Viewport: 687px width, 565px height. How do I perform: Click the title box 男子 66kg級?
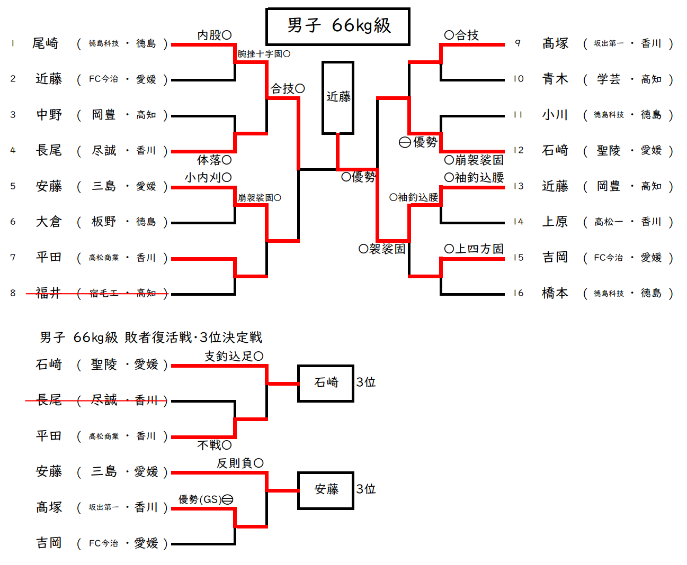click(338, 26)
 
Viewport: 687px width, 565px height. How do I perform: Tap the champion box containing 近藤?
click(338, 97)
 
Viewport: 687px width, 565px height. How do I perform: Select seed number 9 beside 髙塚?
click(518, 43)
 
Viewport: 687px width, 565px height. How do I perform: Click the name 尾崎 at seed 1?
click(46, 43)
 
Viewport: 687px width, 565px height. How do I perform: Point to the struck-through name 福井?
click(48, 293)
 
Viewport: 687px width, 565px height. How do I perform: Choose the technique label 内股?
click(210, 35)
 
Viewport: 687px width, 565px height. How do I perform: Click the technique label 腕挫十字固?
click(260, 54)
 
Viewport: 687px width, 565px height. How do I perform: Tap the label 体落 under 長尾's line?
click(210, 160)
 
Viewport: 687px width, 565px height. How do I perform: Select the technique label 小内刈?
click(203, 178)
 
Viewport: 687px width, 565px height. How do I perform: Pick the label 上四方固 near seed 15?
click(479, 249)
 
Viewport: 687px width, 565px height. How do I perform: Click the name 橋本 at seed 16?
click(555, 293)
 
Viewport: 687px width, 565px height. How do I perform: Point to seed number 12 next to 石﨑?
click(518, 150)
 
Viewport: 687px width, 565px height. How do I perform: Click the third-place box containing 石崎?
click(326, 383)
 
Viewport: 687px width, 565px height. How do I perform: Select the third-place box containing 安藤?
click(326, 490)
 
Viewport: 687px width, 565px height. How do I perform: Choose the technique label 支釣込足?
click(229, 357)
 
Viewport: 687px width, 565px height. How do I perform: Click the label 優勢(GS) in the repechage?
click(200, 499)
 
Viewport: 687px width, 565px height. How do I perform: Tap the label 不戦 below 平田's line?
click(210, 445)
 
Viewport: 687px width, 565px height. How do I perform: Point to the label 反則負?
click(235, 463)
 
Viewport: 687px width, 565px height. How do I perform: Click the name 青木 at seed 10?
click(555, 79)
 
